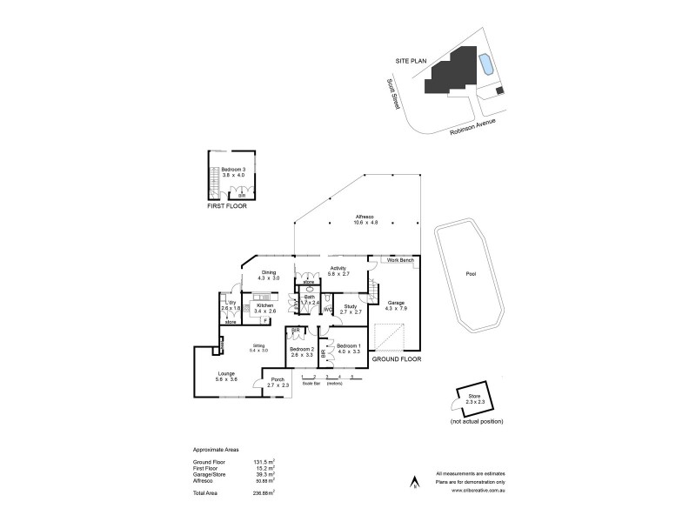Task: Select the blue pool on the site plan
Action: (x=485, y=64)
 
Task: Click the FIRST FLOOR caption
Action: (x=226, y=209)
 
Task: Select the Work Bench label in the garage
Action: (x=399, y=260)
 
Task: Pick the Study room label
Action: (x=351, y=305)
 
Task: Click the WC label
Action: (x=328, y=311)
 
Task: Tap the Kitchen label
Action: (x=265, y=305)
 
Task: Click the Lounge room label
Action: (x=226, y=373)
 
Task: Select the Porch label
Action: (x=278, y=379)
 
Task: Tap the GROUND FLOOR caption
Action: (x=397, y=358)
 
